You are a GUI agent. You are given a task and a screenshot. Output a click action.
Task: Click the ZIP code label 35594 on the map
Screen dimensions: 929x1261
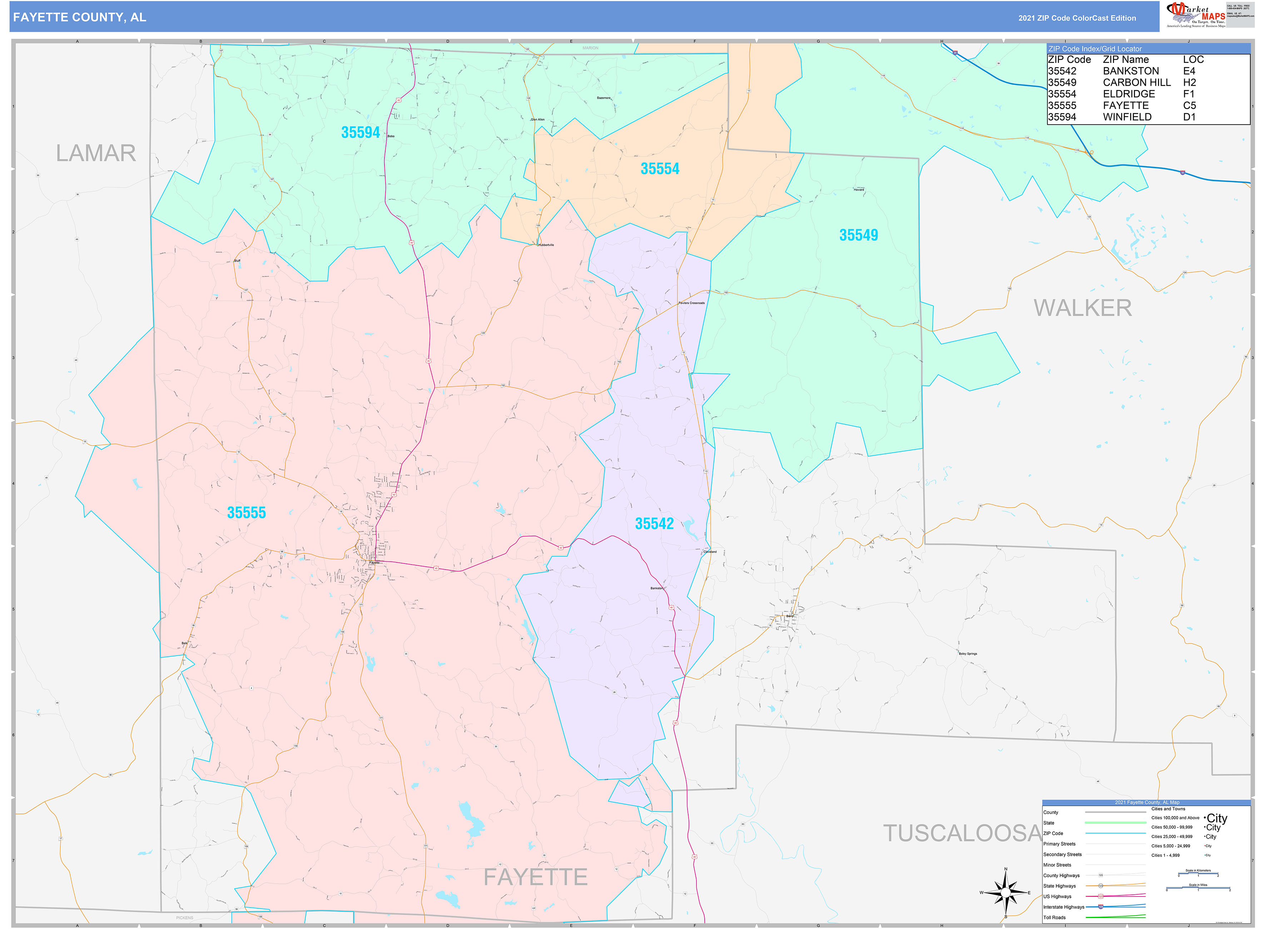(x=361, y=133)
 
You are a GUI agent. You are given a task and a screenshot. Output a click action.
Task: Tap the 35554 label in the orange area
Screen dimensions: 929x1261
(x=660, y=169)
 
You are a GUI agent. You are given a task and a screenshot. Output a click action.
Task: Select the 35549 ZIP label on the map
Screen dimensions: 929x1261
(x=858, y=235)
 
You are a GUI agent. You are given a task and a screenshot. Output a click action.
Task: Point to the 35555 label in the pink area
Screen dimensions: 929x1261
(x=246, y=513)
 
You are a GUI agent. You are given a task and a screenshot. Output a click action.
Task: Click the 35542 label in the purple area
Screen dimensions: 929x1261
(x=654, y=523)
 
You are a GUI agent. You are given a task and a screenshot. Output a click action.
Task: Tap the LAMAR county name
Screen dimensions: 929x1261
(x=96, y=153)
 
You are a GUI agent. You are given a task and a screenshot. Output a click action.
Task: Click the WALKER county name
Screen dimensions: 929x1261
(x=1082, y=308)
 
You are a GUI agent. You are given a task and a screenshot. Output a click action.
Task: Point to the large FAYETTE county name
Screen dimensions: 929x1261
(x=535, y=877)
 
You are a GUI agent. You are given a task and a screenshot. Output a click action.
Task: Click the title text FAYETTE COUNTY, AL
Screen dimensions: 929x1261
(x=79, y=18)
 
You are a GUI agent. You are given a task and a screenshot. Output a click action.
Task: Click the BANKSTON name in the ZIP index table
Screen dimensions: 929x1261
(x=1131, y=71)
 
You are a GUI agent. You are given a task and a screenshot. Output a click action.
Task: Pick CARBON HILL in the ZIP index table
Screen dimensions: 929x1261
(x=1136, y=83)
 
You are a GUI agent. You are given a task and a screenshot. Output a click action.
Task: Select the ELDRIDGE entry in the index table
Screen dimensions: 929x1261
(x=1128, y=94)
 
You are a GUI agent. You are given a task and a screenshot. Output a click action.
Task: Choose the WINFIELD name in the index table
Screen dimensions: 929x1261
(x=1127, y=117)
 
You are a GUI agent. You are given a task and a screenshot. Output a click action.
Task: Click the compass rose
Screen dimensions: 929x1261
(x=1006, y=893)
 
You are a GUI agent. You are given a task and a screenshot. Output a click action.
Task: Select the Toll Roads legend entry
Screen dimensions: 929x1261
(x=1054, y=917)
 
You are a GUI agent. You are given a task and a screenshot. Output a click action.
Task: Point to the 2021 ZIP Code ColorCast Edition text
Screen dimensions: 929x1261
(x=1077, y=18)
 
